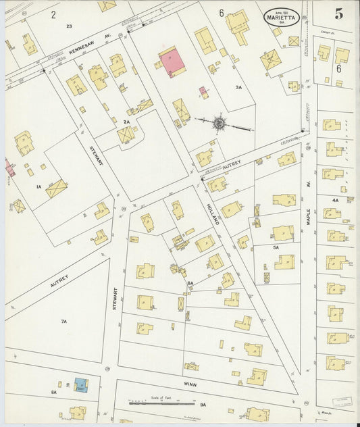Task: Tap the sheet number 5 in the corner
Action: click(x=338, y=12)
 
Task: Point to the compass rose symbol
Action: click(x=220, y=123)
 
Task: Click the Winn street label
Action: click(x=190, y=382)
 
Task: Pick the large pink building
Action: click(x=172, y=62)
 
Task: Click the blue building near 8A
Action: click(x=81, y=384)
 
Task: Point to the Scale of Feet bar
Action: click(x=161, y=403)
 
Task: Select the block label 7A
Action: click(x=63, y=322)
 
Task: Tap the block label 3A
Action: click(x=238, y=87)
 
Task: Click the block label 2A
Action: click(x=126, y=122)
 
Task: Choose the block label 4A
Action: click(x=335, y=200)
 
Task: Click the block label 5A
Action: click(x=276, y=248)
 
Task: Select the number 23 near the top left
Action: click(x=69, y=26)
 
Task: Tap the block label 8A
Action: click(x=53, y=392)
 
